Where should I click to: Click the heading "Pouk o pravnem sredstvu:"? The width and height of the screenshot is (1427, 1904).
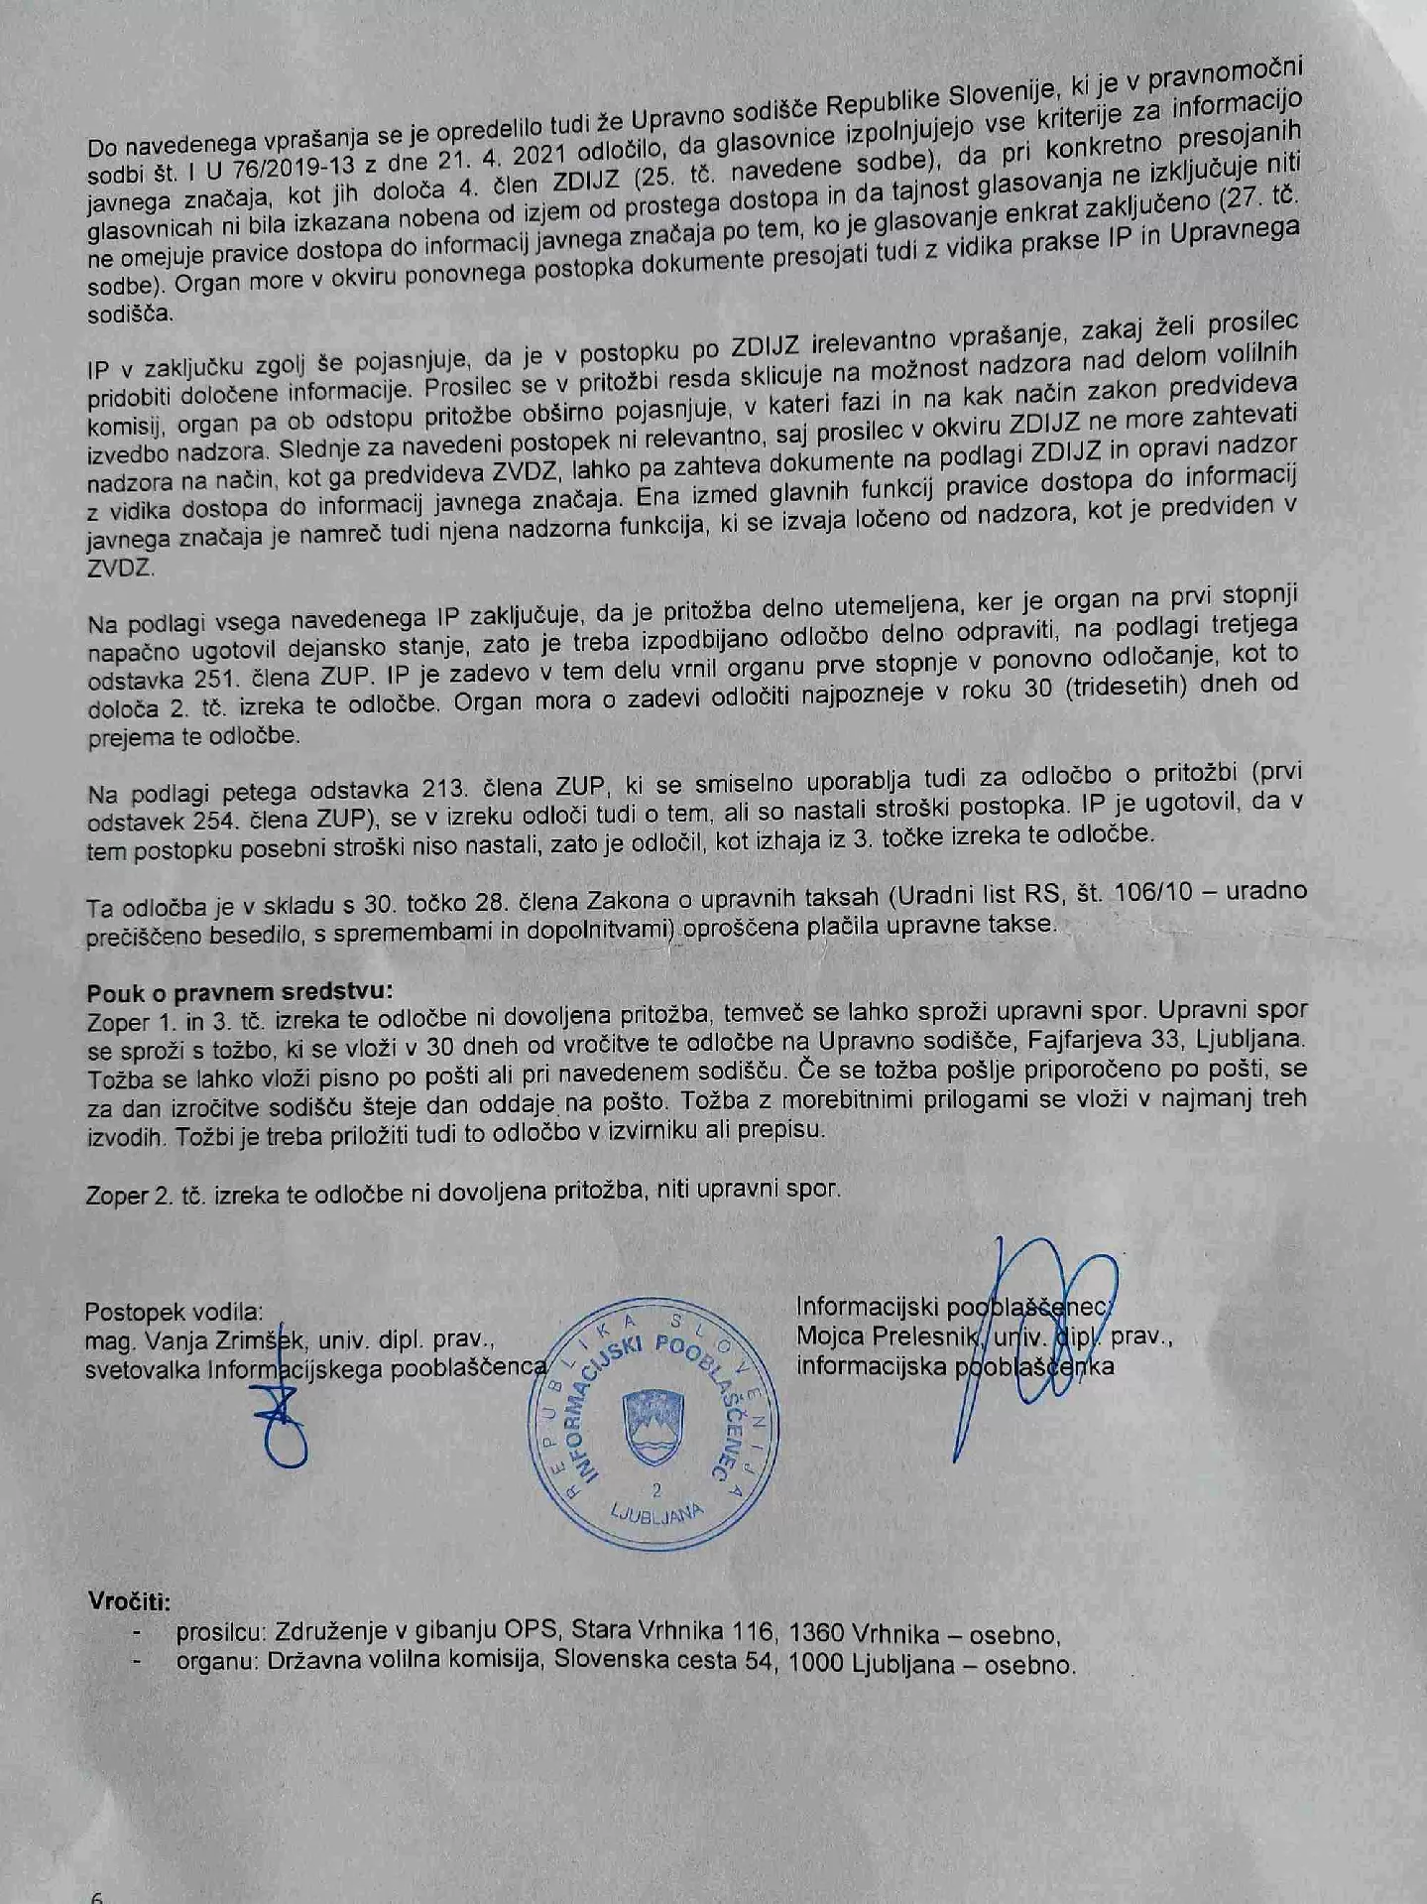239,990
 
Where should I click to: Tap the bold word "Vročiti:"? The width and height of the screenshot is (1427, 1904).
128,1601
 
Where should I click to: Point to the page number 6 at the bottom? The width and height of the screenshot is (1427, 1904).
97,1896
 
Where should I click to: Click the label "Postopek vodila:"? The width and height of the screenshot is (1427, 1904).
174,1312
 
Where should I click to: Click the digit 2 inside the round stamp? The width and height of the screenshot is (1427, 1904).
655,1490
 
